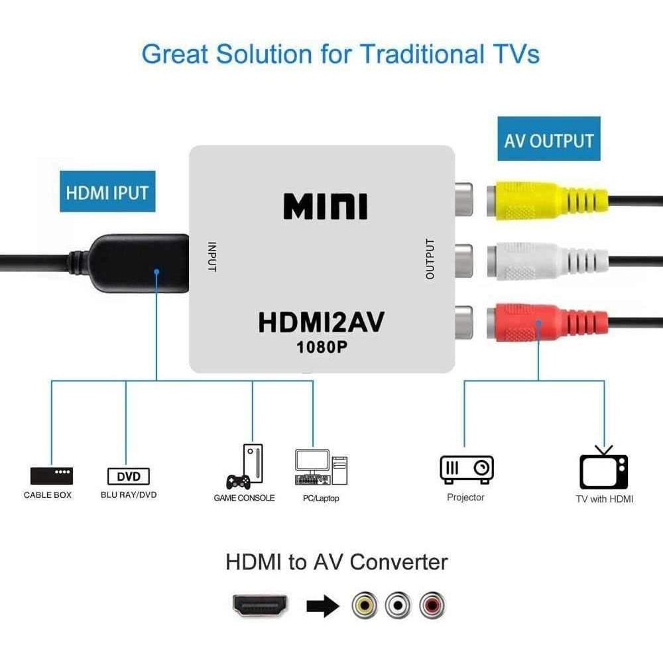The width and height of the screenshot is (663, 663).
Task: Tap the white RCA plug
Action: click(x=548, y=261)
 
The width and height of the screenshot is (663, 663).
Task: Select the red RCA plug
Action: click(x=548, y=323)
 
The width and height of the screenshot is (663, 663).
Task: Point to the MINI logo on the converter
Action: click(x=325, y=206)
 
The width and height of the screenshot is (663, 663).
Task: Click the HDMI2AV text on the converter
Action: click(x=321, y=322)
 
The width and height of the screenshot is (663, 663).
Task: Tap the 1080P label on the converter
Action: click(x=322, y=347)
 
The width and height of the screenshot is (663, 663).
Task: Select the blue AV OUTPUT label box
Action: click(x=549, y=139)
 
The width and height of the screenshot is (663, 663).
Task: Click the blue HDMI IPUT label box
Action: click(x=107, y=192)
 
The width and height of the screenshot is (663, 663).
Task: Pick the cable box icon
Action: click(x=52, y=475)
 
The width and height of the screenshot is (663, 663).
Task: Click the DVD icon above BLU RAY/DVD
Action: click(x=129, y=477)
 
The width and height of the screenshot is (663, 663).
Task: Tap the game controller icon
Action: click(x=238, y=482)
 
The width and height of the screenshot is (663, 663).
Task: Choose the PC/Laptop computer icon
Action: click(x=322, y=467)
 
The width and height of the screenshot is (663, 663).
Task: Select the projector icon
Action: click(x=467, y=469)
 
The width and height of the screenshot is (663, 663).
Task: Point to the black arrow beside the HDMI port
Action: click(x=323, y=605)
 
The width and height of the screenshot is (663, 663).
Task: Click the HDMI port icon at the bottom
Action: click(x=260, y=605)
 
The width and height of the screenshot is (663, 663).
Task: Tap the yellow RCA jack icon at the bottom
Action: click(x=365, y=605)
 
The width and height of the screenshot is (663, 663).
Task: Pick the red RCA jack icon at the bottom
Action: click(x=432, y=605)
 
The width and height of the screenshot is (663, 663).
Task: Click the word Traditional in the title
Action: click(x=422, y=54)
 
